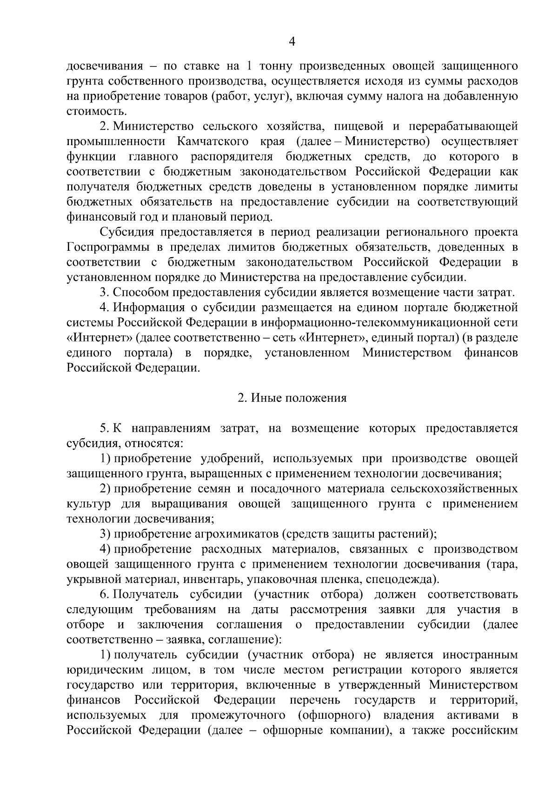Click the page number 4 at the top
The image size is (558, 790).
(292, 42)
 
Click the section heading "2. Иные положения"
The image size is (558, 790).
(292, 398)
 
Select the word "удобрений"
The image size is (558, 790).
(232, 459)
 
